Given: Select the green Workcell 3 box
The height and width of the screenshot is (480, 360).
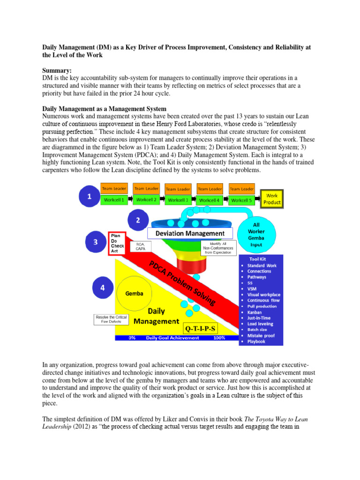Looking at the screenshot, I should [178, 200].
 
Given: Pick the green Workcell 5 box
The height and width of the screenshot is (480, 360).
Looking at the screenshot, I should [241, 200].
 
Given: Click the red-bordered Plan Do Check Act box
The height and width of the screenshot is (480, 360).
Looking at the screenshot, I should [116, 243].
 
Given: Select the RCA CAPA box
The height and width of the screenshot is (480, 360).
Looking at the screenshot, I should [140, 247].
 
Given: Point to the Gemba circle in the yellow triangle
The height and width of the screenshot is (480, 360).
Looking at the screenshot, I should [134, 292].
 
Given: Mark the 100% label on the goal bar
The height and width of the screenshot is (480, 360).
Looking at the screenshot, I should [218, 337].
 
